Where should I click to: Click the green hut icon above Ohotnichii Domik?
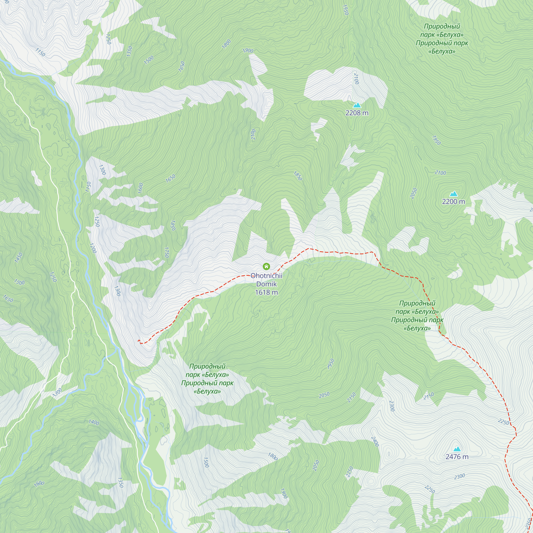[266, 266]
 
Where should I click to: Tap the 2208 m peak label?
[357, 113]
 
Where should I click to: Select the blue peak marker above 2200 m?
[453, 194]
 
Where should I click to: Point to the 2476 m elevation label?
[457, 457]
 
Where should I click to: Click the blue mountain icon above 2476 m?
[457, 449]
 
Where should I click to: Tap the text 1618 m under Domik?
[266, 292]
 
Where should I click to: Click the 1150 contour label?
[40, 52]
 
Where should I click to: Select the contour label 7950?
[331, 364]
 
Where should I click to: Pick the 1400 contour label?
[94, 422]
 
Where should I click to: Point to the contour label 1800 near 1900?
[227, 44]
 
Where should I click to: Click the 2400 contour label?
[375, 441]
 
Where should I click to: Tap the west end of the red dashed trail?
[139, 341]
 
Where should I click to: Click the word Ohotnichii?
[266, 276]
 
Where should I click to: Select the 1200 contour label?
[93, 248]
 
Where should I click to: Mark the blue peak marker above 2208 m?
[357, 105]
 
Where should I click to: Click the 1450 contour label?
[18, 258]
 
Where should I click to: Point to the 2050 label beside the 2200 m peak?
[413, 193]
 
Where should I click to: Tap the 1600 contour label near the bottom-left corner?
[39, 483]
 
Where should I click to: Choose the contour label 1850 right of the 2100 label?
[298, 176]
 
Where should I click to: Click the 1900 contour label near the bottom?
[284, 493]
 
